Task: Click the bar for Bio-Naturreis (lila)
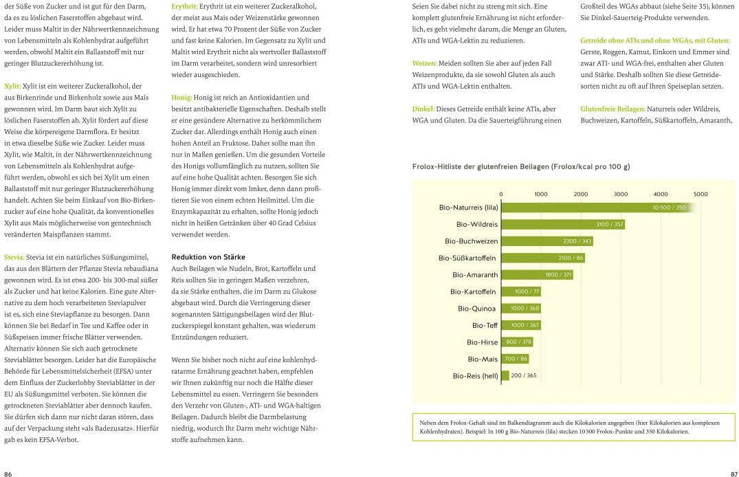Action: pos(595,208)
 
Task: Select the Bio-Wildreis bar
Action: pos(564,224)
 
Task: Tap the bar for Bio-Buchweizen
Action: pos(547,241)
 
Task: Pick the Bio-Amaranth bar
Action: pos(537,274)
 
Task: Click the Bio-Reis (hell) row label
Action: pos(475,376)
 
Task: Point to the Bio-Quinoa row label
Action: pos(477,308)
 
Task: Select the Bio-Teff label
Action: pos(485,325)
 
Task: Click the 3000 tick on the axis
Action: pos(620,194)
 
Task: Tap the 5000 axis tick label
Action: pos(700,194)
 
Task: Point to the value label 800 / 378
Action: pos(519,342)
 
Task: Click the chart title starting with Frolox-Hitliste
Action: pos(520,166)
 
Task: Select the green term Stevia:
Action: pos(14,256)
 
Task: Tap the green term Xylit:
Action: pos(12,86)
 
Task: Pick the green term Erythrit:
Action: pos(186,6)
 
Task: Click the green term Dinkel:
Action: pos(423,109)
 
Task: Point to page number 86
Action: pos(8,474)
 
